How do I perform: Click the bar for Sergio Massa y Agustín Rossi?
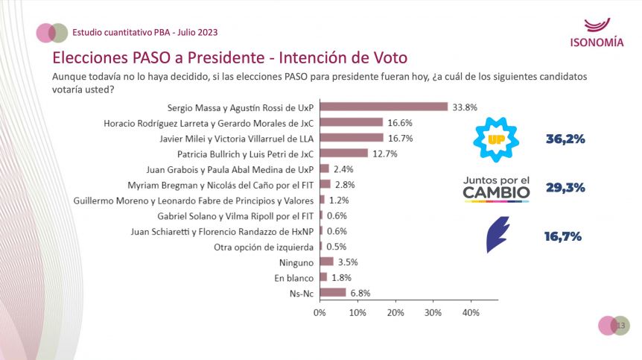[x=384, y=107]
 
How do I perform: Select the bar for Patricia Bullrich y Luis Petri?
[x=343, y=154]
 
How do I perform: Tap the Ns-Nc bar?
[x=332, y=293]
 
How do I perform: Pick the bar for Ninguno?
[x=326, y=262]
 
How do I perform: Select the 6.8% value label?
[x=360, y=293]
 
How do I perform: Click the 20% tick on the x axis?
[x=395, y=313]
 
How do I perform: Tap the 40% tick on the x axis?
[x=471, y=313]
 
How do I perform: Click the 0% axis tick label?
[x=320, y=313]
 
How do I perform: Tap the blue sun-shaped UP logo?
[x=496, y=139]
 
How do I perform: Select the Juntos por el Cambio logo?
[x=497, y=188]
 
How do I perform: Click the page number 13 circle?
[x=621, y=326]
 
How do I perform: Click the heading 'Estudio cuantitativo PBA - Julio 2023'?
[x=145, y=32]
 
